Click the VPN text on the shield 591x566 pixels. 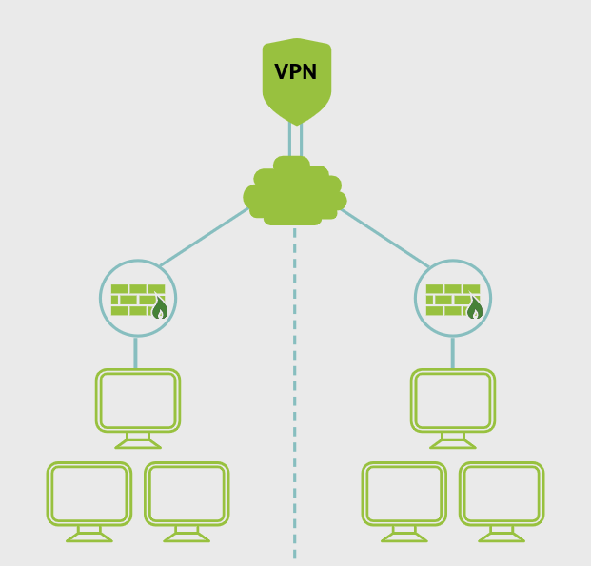(x=296, y=73)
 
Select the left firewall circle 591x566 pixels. (x=138, y=298)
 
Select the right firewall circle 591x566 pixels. (x=453, y=298)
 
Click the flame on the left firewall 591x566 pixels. (x=160, y=308)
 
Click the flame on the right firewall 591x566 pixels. (x=475, y=308)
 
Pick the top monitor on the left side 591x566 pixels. (x=138, y=400)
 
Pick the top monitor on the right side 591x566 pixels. (x=453, y=400)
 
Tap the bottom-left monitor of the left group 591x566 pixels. (x=89, y=494)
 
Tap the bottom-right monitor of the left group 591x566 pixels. (x=187, y=494)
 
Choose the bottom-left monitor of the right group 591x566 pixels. (x=404, y=494)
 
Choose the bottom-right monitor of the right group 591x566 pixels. (x=502, y=494)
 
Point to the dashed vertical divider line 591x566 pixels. (x=294, y=400)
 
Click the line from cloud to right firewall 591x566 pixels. (x=385, y=238)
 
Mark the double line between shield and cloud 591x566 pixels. (x=296, y=140)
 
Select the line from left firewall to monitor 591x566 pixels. (x=136, y=353)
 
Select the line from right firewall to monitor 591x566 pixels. (x=452, y=353)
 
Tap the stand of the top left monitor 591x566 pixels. (x=138, y=439)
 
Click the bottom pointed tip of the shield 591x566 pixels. (x=297, y=123)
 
